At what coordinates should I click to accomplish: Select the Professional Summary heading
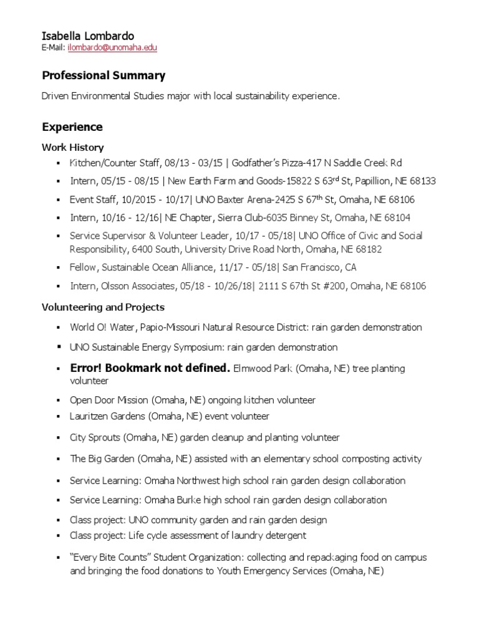point(104,76)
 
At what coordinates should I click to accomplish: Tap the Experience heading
point(72,127)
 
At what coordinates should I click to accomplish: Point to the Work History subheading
point(72,148)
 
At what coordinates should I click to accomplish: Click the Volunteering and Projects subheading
point(103,307)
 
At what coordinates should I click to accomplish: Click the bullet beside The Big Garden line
point(57,459)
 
